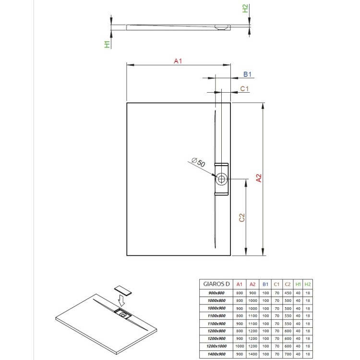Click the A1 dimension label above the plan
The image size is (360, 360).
pos(178,61)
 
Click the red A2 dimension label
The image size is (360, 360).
pos(259,178)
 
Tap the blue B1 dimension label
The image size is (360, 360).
pos(248,74)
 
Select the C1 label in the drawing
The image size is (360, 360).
pos(244,88)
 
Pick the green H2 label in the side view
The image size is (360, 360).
pos(245,8)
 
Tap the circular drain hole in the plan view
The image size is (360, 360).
pos(222,180)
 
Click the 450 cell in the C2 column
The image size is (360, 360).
pos(288,293)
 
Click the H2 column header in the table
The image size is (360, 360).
pos(308,284)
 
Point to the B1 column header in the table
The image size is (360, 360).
pos(265,284)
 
